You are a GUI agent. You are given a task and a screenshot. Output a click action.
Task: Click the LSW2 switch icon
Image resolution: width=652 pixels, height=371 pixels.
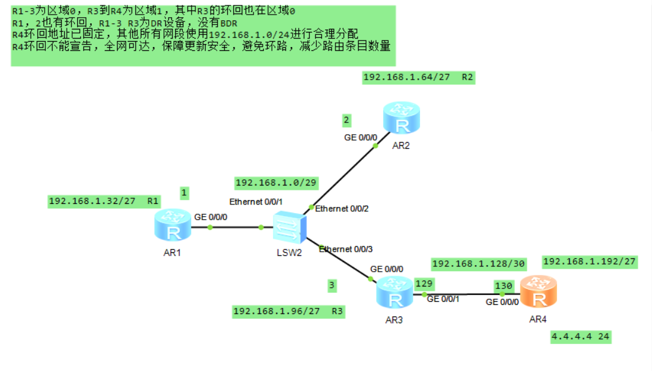(x=288, y=227)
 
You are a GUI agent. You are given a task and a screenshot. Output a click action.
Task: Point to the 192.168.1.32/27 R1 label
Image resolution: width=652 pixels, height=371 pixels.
(x=104, y=201)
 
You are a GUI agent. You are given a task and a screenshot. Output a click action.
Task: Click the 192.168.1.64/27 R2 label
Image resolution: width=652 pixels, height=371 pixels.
(x=419, y=77)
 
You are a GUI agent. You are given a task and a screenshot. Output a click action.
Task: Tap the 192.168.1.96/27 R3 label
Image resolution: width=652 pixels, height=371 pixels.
(x=288, y=312)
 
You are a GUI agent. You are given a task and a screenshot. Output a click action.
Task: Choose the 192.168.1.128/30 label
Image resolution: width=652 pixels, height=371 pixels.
(x=479, y=264)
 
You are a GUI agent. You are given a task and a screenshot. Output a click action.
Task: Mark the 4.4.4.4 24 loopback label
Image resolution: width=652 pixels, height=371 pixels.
(x=580, y=337)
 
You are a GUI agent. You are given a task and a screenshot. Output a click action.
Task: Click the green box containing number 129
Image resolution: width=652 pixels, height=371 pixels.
(x=423, y=283)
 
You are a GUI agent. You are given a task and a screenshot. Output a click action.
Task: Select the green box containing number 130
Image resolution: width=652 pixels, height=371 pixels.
(x=503, y=285)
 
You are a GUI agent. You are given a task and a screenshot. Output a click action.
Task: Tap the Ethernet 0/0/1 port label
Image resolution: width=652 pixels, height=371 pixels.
(x=256, y=201)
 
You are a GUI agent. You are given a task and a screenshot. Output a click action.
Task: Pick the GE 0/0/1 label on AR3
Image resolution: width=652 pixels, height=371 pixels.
(x=443, y=299)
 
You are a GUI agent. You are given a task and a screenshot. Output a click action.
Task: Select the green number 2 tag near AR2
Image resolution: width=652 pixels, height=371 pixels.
(x=347, y=119)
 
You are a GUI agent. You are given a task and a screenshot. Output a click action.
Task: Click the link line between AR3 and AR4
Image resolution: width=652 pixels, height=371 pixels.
(x=465, y=294)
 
